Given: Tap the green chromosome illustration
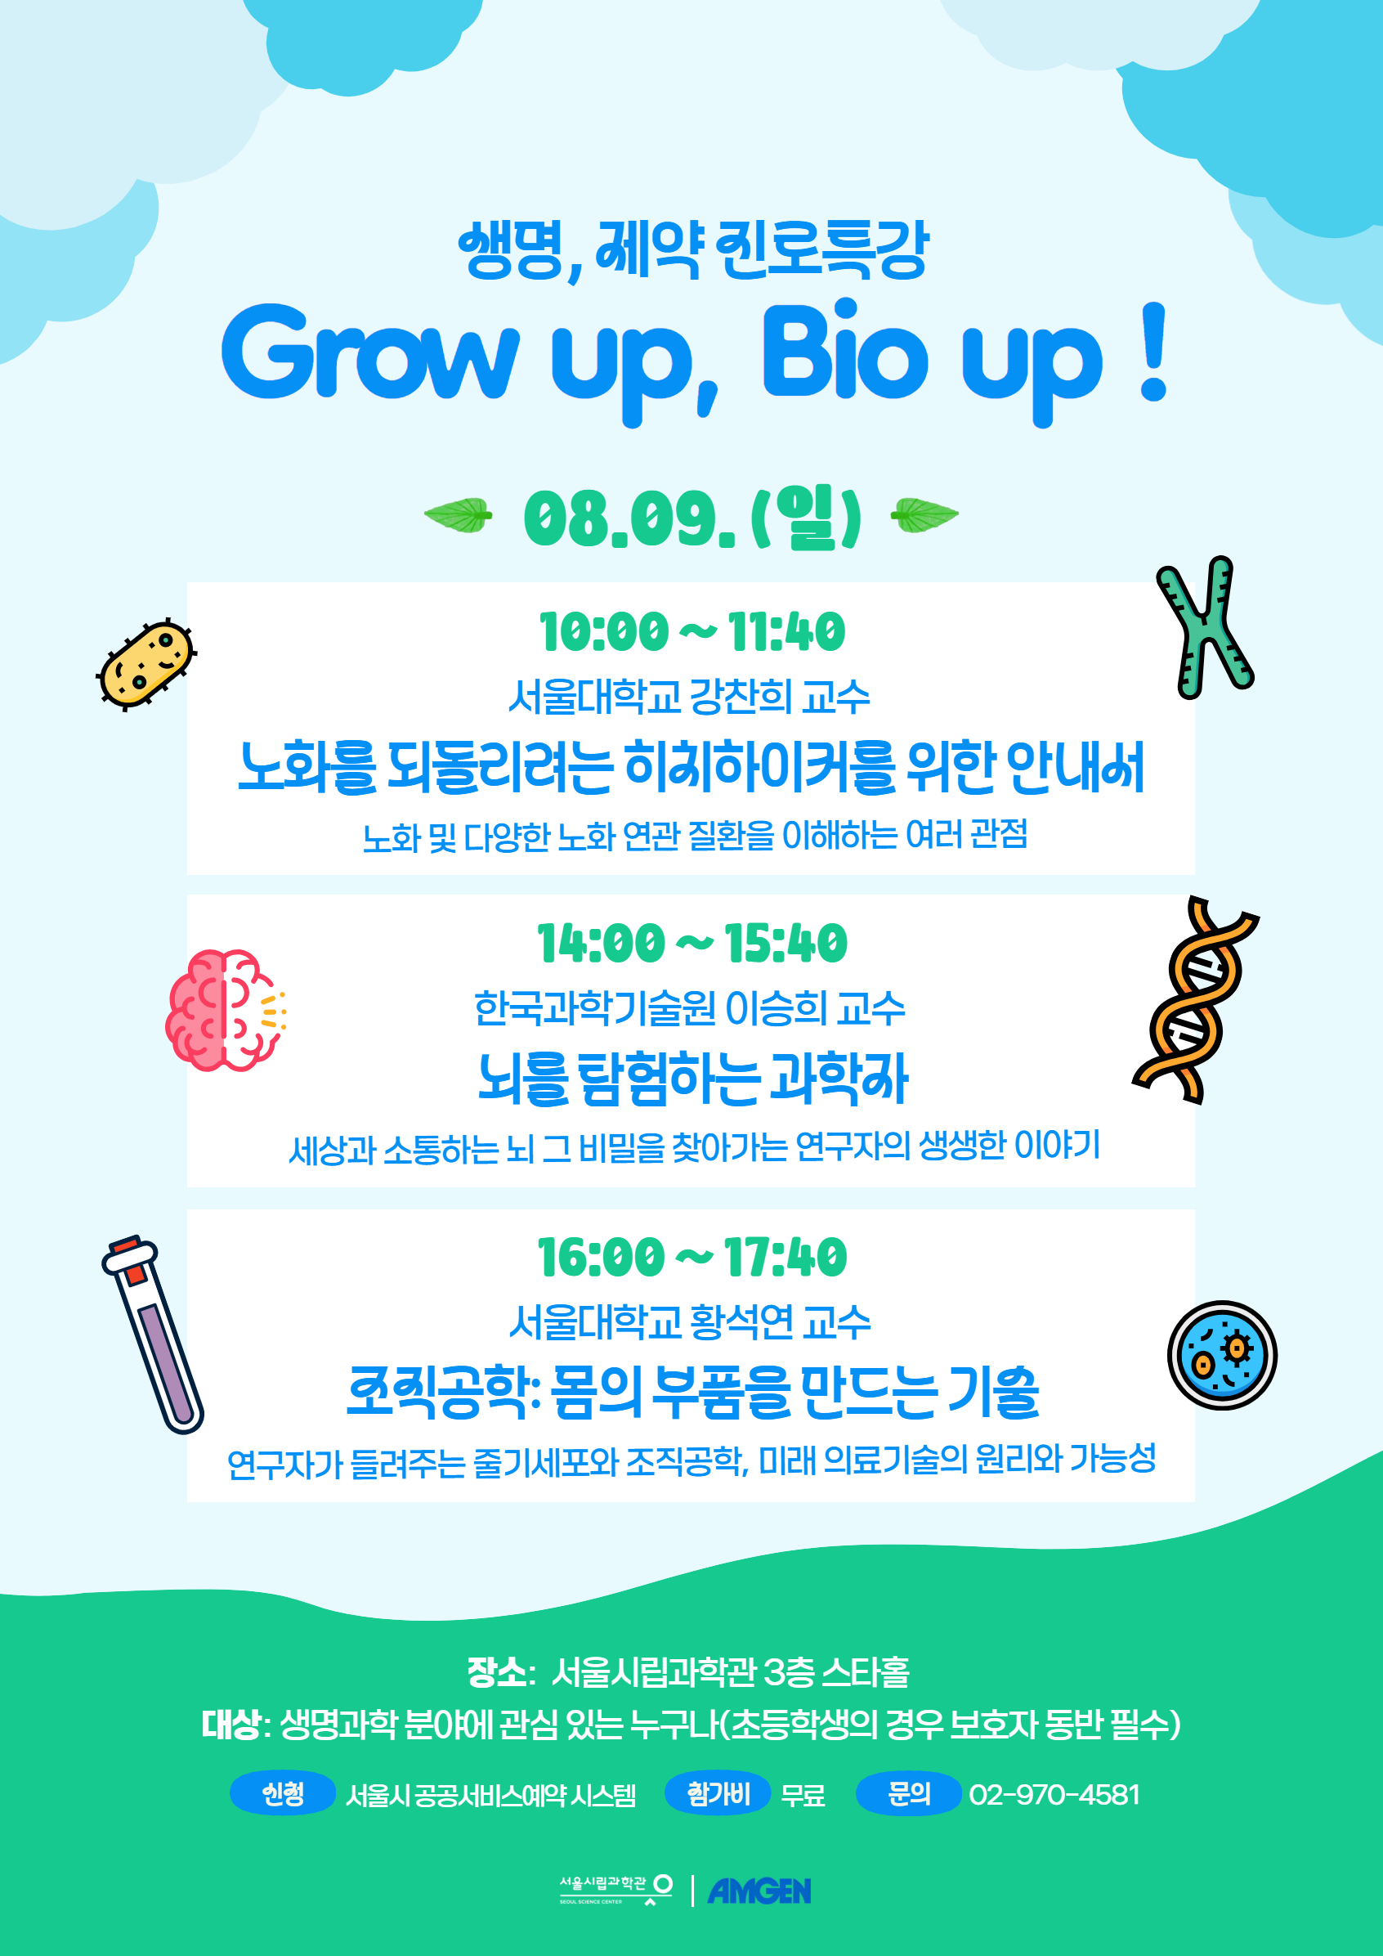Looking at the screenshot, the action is pyautogui.click(x=1202, y=627).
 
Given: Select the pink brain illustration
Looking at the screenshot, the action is pyautogui.click(x=226, y=1011).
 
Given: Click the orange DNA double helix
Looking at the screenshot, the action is pyautogui.click(x=1194, y=1000).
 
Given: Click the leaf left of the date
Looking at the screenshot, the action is pyautogui.click(x=459, y=515).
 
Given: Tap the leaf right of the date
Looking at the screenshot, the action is pyautogui.click(x=924, y=515).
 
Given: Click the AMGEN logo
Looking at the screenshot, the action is pyautogui.click(x=759, y=1891).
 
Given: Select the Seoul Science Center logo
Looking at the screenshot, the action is pyautogui.click(x=615, y=1890).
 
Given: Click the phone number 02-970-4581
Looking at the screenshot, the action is pyautogui.click(x=1054, y=1794).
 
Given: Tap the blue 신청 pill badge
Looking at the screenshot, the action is pyautogui.click(x=283, y=1793).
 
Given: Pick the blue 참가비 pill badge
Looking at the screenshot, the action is pyautogui.click(x=718, y=1793).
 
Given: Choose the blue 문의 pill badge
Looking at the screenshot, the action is pyautogui.click(x=909, y=1793).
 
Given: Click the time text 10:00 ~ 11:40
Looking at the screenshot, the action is pyautogui.click(x=692, y=632).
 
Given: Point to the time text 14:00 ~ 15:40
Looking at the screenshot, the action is pyautogui.click(x=692, y=944).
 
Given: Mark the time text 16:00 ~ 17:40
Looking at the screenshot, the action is pyautogui.click(x=692, y=1258).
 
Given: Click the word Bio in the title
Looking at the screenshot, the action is pyautogui.click(x=844, y=351).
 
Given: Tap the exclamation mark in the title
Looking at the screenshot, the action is pyautogui.click(x=1153, y=351).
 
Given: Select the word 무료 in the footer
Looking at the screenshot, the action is pyautogui.click(x=803, y=1795).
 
